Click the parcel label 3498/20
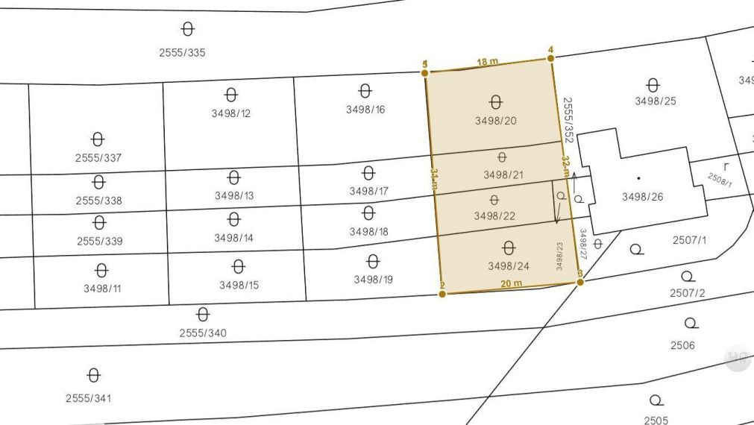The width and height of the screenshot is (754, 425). coord(496,120)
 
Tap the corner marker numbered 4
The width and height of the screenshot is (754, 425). coord(551,58)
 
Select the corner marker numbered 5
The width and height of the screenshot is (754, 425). coord(425,72)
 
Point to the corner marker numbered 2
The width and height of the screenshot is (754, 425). coord(442,294)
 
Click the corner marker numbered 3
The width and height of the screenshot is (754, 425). coord(580,281)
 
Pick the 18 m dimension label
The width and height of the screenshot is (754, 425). coord(488,62)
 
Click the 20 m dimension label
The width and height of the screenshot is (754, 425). coord(511,283)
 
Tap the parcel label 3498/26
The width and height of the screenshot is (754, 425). coord(642,197)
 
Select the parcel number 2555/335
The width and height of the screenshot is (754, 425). coord(182,53)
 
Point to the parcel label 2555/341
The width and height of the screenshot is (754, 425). coord(93,398)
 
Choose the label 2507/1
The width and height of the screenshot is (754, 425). coord(689,240)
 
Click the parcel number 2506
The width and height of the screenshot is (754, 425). coord(682,345)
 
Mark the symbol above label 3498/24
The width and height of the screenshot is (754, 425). coord(509,248)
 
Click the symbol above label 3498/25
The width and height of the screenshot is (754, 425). coord(653,84)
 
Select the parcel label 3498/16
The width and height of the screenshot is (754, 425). coord(365,110)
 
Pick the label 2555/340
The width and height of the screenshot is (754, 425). coord(203,333)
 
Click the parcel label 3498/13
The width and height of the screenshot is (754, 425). coord(234,195)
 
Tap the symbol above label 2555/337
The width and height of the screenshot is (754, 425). coord(98,139)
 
